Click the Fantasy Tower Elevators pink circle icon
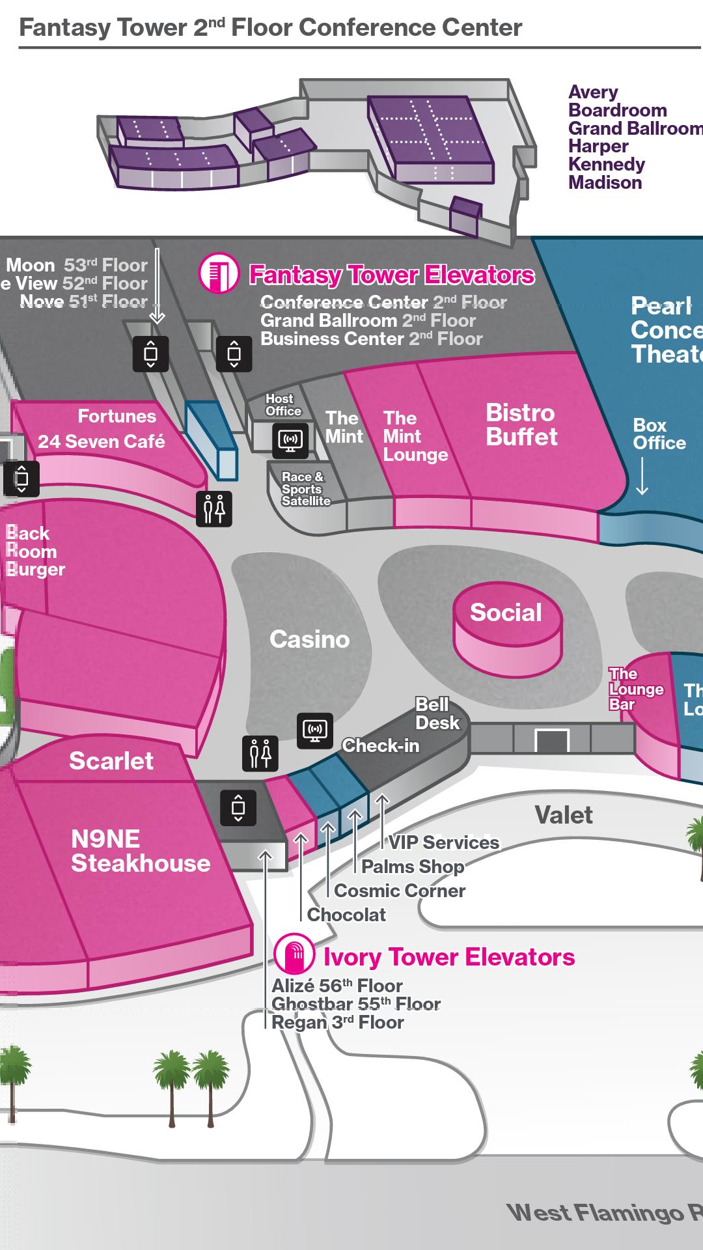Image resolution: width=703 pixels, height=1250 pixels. point(219,273)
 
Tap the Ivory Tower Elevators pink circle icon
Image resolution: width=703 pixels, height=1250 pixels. point(295,955)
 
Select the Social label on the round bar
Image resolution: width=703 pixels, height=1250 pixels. point(506,613)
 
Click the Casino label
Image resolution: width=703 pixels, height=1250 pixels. point(309,639)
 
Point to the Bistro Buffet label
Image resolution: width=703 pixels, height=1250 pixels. point(521,424)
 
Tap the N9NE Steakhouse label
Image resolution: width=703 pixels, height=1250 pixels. point(141,851)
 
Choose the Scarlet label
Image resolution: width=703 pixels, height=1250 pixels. point(111,760)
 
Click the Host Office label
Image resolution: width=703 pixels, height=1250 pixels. point(283,405)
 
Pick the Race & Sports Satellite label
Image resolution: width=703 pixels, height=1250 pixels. point(305,489)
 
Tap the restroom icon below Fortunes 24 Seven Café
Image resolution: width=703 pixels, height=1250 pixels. point(214,508)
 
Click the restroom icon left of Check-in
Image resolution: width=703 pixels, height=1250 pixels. point(260,753)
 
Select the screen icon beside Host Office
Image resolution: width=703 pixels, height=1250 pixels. point(290,439)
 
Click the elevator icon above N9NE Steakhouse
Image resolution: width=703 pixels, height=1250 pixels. point(238,808)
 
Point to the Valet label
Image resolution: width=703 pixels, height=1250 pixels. point(564,815)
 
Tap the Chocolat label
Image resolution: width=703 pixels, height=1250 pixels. point(346,915)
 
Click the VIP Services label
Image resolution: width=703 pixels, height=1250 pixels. point(444,842)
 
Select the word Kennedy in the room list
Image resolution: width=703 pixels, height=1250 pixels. point(606,164)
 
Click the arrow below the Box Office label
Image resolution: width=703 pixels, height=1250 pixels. point(642,477)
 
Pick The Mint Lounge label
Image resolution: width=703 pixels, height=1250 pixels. point(415,436)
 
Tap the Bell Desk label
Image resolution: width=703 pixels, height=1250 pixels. point(437,714)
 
